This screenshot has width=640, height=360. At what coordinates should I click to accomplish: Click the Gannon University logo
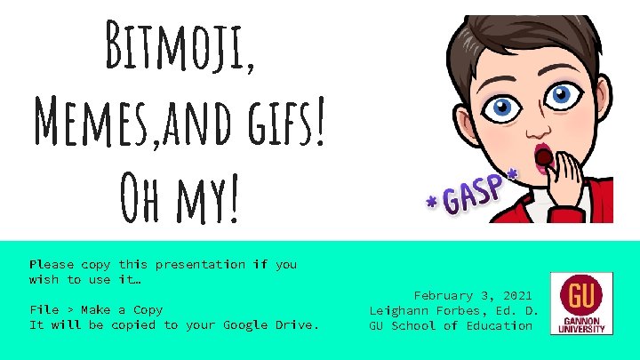[580, 303]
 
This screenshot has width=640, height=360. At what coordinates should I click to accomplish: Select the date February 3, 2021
[473, 295]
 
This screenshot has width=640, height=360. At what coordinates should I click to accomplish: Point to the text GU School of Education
[451, 325]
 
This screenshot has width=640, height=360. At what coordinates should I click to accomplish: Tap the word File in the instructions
[44, 309]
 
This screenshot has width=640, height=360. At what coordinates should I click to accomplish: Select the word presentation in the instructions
[200, 264]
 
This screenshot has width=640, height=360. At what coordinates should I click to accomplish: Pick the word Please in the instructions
[51, 264]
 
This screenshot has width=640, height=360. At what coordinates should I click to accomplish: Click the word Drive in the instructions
[294, 324]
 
